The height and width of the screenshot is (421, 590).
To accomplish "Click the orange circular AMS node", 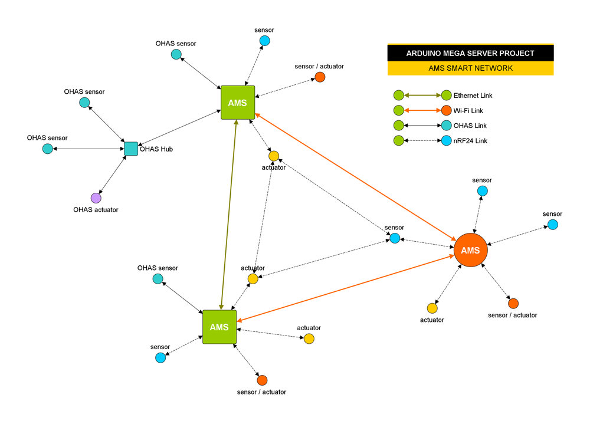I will (x=470, y=250).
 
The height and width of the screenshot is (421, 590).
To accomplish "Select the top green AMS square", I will (x=238, y=103).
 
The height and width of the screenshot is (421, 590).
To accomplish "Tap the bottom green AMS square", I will (x=219, y=327).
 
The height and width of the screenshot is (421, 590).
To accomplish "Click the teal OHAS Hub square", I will (x=130, y=149).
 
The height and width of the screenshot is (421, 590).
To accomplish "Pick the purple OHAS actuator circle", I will (x=96, y=198).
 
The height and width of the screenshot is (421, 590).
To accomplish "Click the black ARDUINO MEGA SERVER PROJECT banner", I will (x=470, y=53).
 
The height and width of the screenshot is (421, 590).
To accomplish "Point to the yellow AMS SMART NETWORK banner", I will (x=470, y=68).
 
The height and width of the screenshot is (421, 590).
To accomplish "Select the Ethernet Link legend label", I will (x=473, y=96).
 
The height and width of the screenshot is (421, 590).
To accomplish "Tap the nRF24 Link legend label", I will (x=470, y=141).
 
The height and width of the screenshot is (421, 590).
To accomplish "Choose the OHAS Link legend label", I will (x=470, y=126).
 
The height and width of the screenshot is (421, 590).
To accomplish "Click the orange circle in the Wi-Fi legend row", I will (x=446, y=111).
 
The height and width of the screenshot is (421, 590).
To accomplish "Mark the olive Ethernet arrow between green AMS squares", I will (x=229, y=212).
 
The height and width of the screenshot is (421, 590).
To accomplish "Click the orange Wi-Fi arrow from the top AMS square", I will (x=354, y=177).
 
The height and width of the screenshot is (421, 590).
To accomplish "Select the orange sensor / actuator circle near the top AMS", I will (x=320, y=77).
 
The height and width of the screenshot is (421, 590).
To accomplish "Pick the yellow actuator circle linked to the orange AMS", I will (x=432, y=308).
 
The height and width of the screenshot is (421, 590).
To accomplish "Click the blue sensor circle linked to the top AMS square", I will (x=265, y=41).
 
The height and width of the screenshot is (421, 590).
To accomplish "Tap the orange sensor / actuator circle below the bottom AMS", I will (x=262, y=380).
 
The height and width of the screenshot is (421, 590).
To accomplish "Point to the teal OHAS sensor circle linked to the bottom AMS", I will (x=158, y=279).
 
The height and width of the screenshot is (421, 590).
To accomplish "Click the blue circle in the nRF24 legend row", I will (x=446, y=141).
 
